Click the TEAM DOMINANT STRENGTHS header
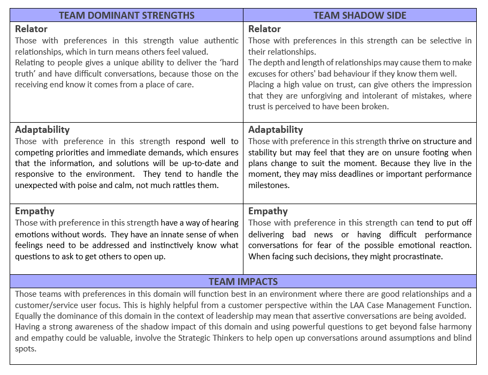click(x=126, y=15)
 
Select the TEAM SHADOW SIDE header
click(x=360, y=15)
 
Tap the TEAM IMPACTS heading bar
click(x=243, y=282)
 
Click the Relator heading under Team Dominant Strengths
click(x=31, y=29)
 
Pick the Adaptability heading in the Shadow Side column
click(x=276, y=130)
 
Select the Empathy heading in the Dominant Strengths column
click(x=35, y=211)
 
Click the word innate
click(x=148, y=234)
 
